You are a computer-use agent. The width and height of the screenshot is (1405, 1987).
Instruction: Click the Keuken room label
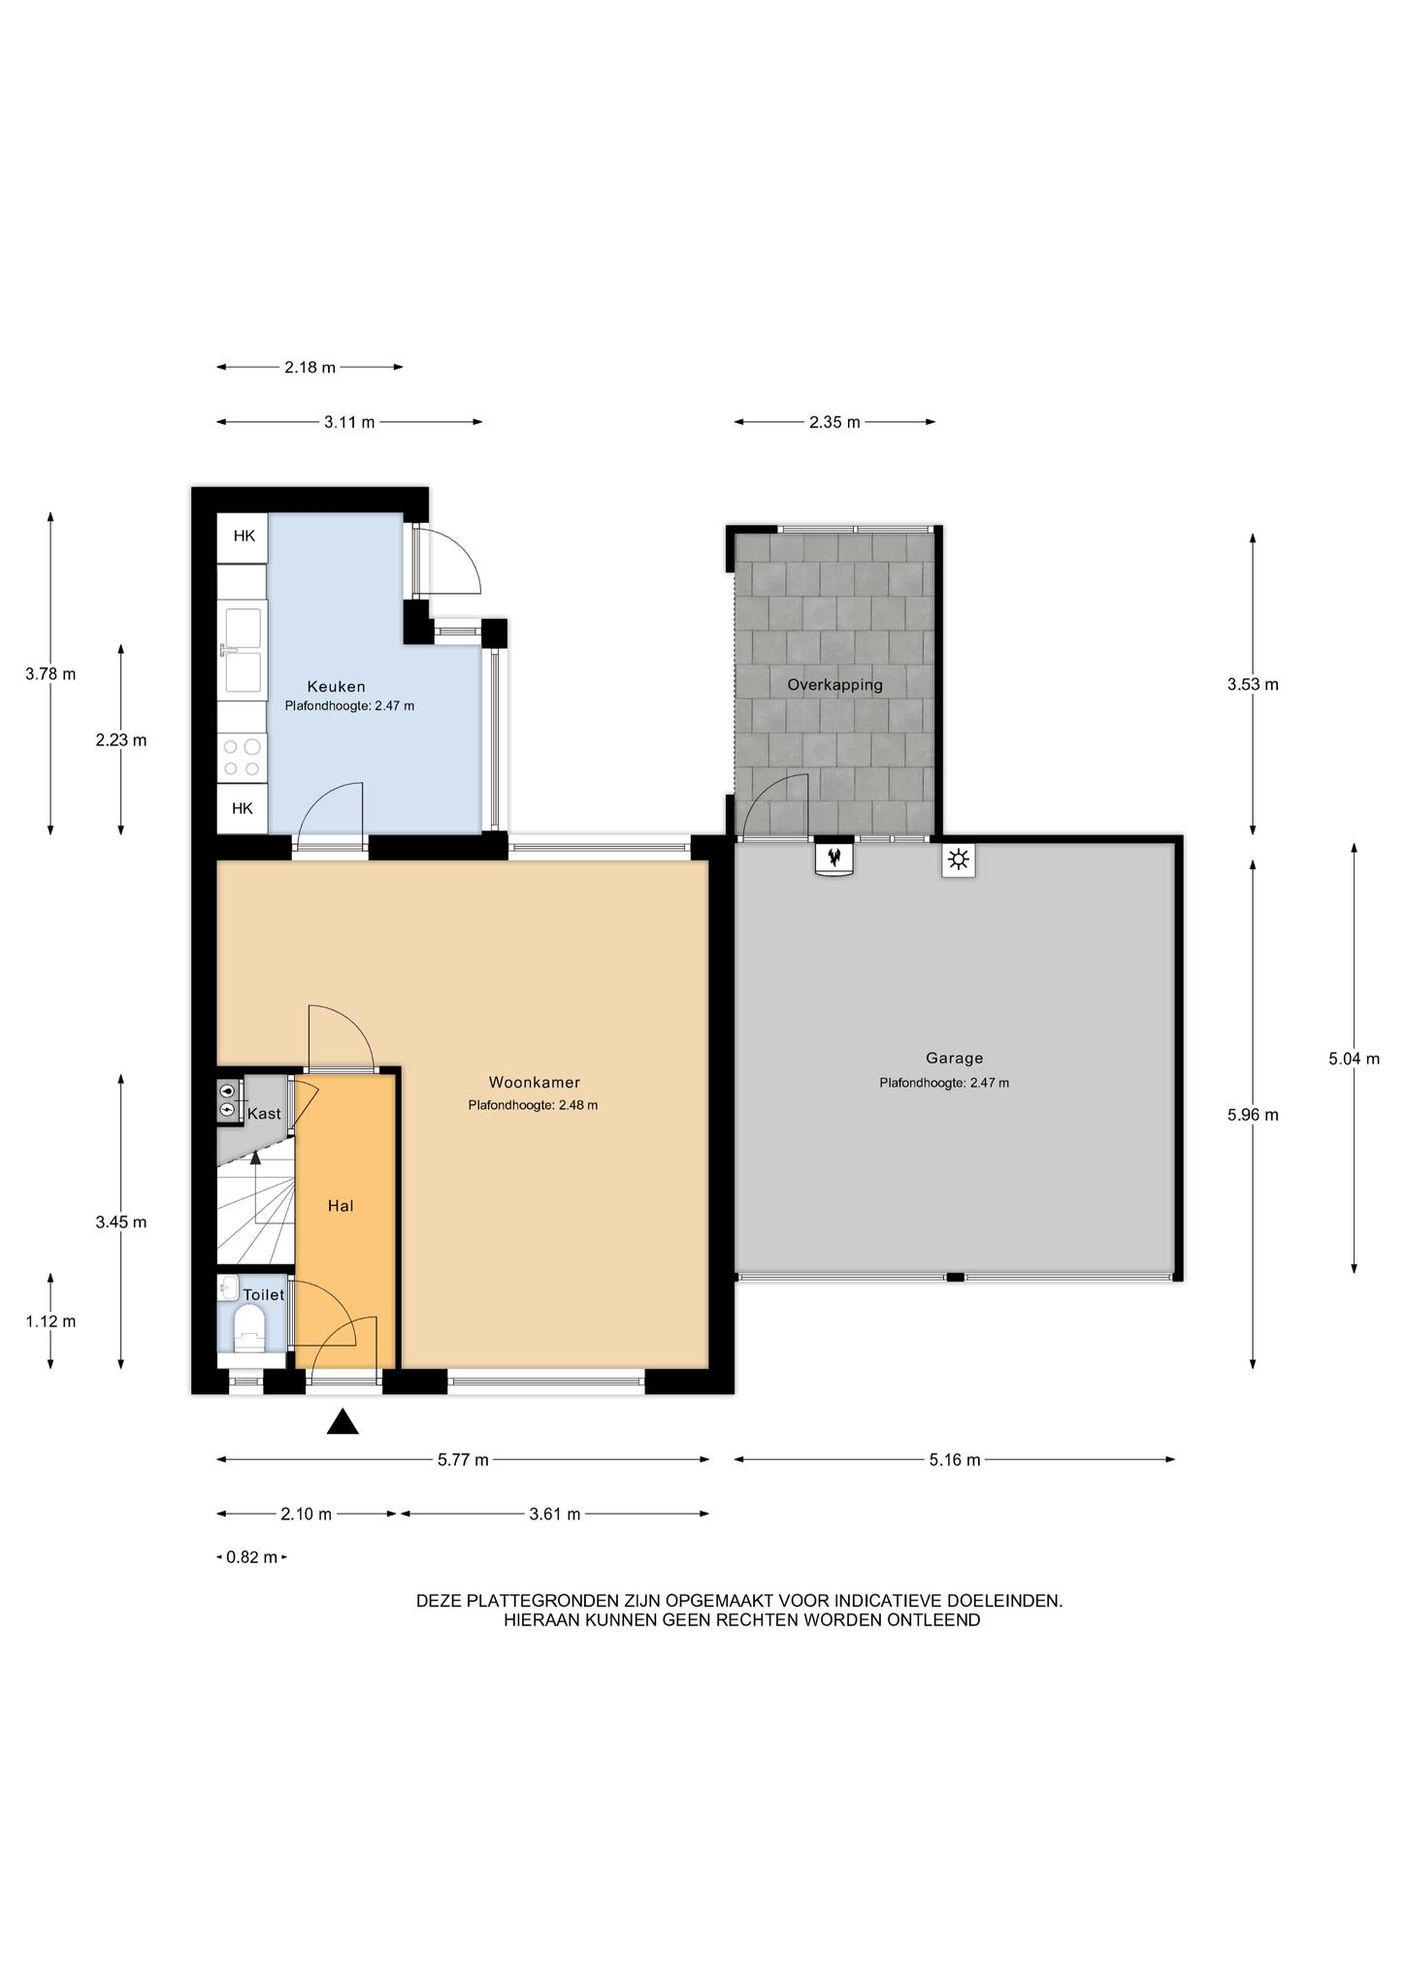click(x=336, y=687)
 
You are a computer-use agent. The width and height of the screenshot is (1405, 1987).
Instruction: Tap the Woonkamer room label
click(x=534, y=1083)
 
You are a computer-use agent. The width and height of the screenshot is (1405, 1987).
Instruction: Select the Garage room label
click(x=954, y=1059)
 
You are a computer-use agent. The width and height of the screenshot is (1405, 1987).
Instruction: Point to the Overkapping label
click(x=834, y=685)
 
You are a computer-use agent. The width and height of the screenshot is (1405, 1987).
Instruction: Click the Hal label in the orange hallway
click(x=341, y=1206)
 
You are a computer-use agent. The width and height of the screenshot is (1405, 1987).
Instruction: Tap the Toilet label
click(x=264, y=1295)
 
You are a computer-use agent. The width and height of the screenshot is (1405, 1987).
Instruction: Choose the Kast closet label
click(x=264, y=1114)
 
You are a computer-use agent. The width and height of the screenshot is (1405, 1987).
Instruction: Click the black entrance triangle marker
click(x=343, y=1421)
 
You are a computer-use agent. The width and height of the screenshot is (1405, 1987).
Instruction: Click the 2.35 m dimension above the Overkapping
click(x=834, y=422)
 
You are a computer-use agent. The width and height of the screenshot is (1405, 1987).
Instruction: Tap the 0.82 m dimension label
click(x=251, y=1557)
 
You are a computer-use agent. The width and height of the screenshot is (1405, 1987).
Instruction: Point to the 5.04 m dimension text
click(x=1354, y=1059)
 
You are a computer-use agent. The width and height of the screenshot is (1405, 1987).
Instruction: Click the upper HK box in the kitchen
click(x=243, y=536)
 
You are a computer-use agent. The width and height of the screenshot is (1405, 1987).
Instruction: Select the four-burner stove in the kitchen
click(x=242, y=758)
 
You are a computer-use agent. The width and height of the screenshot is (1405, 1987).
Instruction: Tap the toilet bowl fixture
click(x=249, y=1327)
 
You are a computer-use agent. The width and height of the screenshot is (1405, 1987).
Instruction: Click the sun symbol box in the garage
click(x=959, y=860)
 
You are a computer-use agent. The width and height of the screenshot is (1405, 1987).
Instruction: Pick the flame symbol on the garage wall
click(x=833, y=858)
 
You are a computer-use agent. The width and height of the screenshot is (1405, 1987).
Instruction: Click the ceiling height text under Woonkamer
click(x=533, y=1105)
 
